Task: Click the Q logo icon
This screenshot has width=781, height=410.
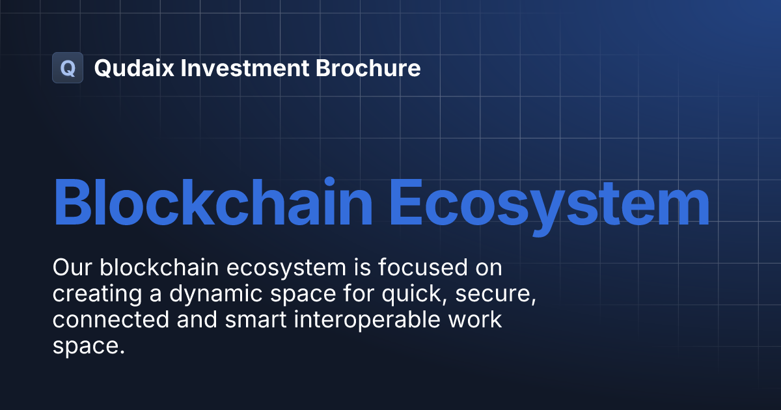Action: [x=68, y=68]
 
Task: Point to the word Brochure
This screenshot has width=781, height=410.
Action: [x=368, y=68]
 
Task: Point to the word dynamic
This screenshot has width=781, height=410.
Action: [x=208, y=295]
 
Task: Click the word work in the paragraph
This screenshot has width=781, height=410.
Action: [x=478, y=321]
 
